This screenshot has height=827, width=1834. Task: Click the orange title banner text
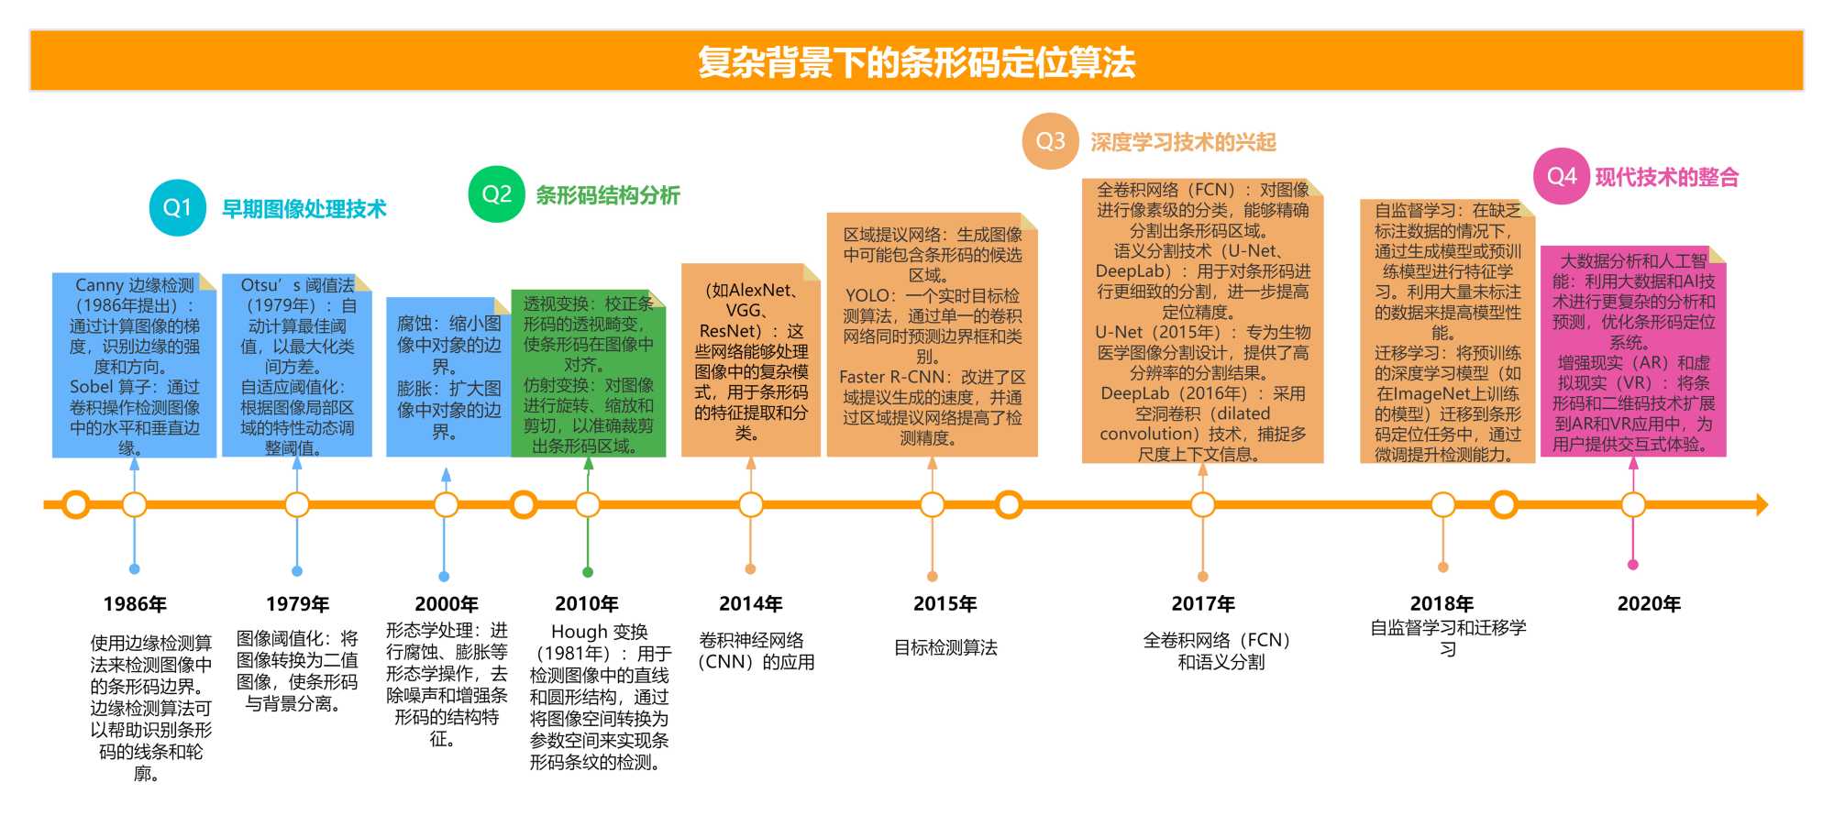point(916,62)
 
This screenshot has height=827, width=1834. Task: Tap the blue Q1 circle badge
point(177,208)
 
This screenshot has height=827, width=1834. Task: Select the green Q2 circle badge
point(496,194)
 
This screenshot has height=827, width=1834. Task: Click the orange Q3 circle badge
point(1050,141)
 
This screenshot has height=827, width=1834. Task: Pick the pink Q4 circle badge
point(1561,176)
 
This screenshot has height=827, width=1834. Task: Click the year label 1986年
point(135,604)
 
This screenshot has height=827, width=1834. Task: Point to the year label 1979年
point(297,604)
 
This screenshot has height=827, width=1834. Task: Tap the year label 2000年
point(447,604)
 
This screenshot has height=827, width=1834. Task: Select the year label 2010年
point(587,604)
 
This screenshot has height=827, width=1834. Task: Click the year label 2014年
point(750,604)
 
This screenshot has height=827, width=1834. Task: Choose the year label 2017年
point(1203,604)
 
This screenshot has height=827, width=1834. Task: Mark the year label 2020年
point(1649,604)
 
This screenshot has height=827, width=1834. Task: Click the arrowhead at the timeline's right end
point(1761,504)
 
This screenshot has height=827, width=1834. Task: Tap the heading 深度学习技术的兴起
point(1183,142)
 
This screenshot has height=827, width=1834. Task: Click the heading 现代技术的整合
point(1667,177)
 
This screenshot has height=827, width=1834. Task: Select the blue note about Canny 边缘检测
point(135,365)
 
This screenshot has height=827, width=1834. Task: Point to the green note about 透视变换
point(588,374)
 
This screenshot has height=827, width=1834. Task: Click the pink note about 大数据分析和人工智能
point(1633,352)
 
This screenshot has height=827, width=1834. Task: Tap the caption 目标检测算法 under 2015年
point(945,648)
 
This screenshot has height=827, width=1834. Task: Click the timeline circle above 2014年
point(751,504)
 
